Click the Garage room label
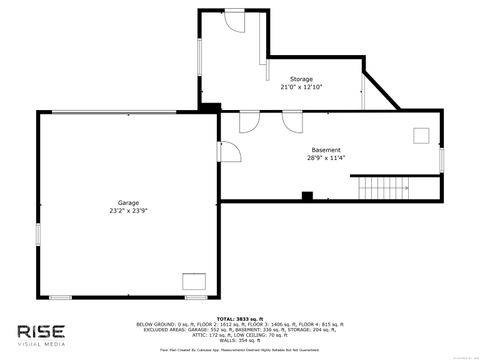[x=128, y=202]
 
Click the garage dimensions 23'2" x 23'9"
[x=128, y=211]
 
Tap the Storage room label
[x=301, y=79]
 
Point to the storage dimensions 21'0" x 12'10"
[x=301, y=88]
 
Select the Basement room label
[x=326, y=149]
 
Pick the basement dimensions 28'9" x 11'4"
[x=326, y=158]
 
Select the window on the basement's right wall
[x=440, y=158]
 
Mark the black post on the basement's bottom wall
[x=307, y=195]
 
